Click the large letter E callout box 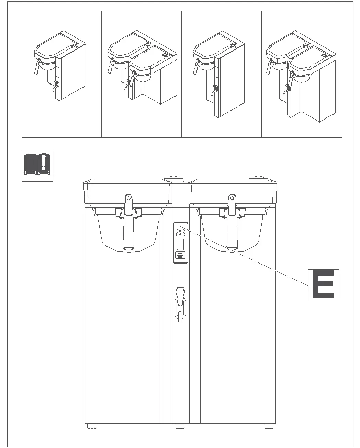click(323, 284)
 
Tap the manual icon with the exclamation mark click(37, 166)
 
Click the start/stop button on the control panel click(180, 255)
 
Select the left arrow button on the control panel click(177, 231)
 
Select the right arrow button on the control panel click(184, 231)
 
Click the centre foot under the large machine click(180, 426)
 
